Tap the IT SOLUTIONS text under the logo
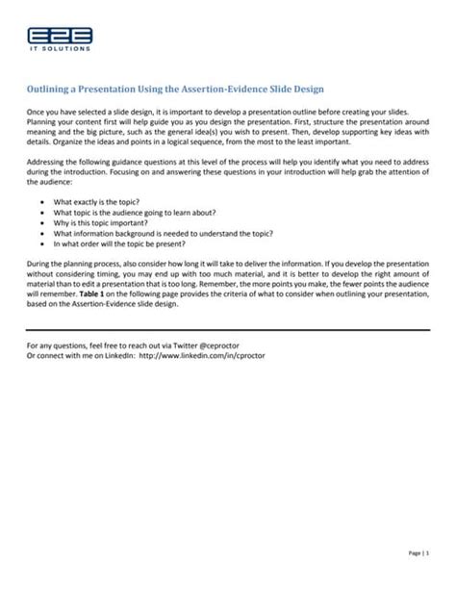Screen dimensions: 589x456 coord(60,48)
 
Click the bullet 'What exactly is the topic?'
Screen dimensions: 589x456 coord(101,202)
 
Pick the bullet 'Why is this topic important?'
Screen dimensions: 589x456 coord(108,222)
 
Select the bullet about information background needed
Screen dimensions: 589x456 coord(164,233)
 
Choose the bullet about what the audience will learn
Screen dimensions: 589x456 coord(135,212)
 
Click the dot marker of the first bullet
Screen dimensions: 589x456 coord(42,202)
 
